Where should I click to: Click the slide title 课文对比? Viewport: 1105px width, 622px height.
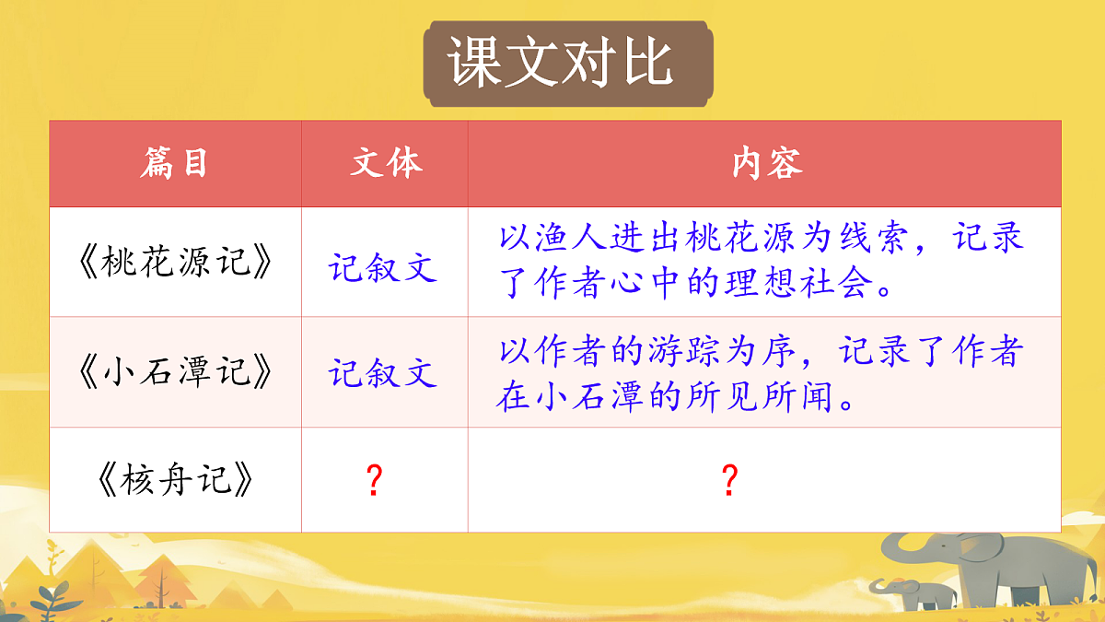click(562, 63)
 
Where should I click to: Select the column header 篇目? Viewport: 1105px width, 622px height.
click(174, 163)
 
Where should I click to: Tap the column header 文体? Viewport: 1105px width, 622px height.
click(386, 163)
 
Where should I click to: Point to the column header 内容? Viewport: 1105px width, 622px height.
click(767, 163)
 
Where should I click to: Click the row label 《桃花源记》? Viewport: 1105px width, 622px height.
click(175, 264)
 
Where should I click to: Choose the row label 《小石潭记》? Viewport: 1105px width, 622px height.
click(175, 373)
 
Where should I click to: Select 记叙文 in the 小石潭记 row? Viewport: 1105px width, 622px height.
click(383, 373)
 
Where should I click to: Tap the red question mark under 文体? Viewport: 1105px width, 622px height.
click(374, 481)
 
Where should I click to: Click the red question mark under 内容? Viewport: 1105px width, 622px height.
click(729, 481)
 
